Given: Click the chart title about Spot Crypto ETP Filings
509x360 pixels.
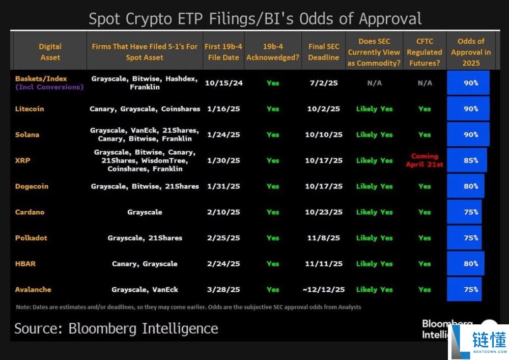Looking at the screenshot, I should coord(255,19).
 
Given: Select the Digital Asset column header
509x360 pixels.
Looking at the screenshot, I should coord(50,52).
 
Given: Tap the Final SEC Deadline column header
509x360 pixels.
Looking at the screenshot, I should coord(323,52).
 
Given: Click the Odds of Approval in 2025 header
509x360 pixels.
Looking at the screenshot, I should coord(471,52).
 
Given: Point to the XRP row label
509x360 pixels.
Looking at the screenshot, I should coord(23,160).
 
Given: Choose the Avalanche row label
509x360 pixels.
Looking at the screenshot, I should coord(33,289).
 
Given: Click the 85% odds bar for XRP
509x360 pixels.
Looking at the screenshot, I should coord(467,160).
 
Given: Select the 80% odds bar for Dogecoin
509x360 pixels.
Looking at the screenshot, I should coord(465,186).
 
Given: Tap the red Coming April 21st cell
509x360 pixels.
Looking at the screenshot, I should coord(425,160).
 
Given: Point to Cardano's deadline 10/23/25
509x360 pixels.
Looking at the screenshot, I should coord(324,212).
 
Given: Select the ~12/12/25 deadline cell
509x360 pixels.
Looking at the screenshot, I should coord(324,289).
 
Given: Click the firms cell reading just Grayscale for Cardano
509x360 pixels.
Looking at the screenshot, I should coord(145,212).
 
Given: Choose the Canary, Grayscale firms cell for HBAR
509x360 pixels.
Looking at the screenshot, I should coord(145,264).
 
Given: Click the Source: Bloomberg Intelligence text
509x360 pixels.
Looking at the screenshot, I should coord(116,328).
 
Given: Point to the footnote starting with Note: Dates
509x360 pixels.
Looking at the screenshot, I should coord(188,307).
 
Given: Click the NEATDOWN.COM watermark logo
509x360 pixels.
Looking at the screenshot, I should coord(478,342).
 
